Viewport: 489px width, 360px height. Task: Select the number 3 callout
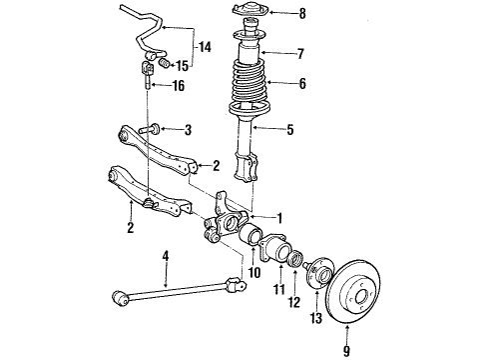click(x=187, y=130)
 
